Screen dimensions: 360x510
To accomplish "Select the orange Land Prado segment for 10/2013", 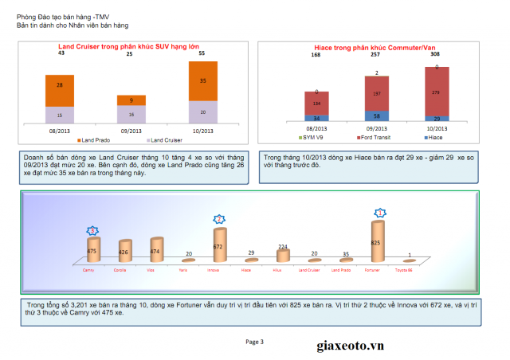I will click(202, 81).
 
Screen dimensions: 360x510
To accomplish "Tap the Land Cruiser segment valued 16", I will click(131, 114).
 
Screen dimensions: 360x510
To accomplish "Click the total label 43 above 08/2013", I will click(61, 53).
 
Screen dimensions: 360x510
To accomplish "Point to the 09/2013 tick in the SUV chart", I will click(131, 129).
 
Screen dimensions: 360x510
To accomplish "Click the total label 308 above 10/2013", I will click(435, 55).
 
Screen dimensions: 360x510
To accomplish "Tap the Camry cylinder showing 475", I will click(93, 250).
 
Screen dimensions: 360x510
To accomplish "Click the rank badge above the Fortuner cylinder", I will click(380, 213).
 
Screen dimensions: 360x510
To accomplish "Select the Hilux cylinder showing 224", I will click(282, 254).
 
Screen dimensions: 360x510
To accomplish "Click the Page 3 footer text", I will click(254, 342).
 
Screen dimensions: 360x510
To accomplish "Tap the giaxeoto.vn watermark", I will click(345, 345).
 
